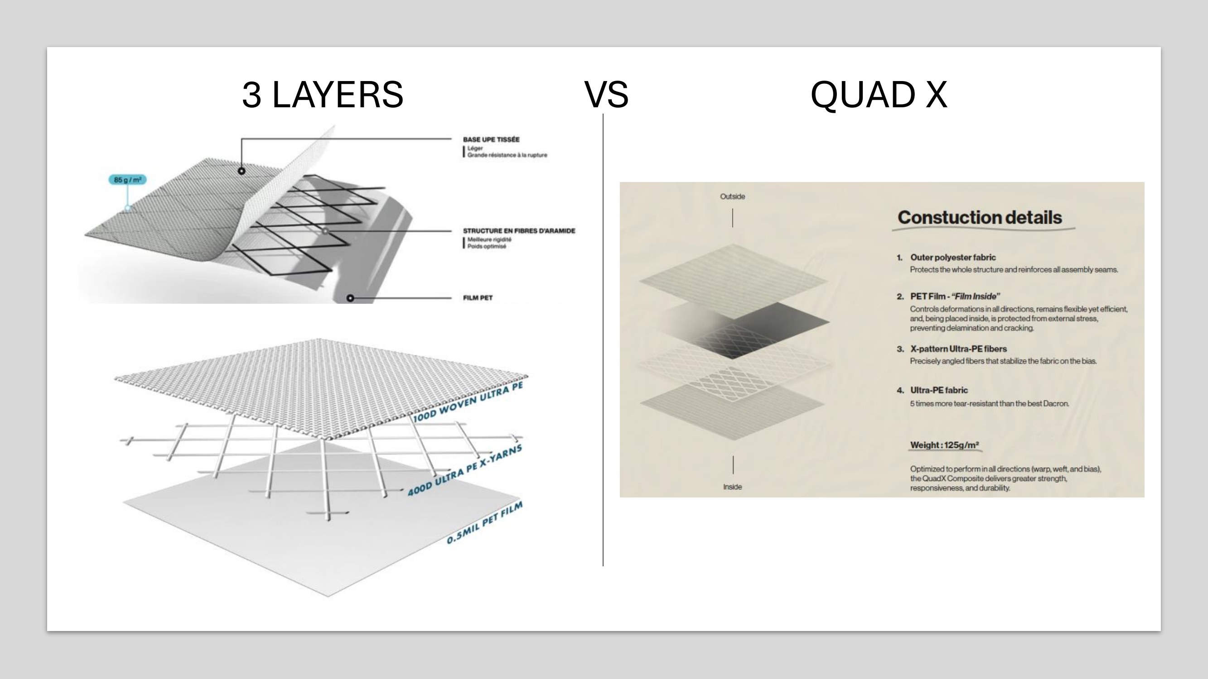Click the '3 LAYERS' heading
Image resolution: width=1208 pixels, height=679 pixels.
(x=322, y=95)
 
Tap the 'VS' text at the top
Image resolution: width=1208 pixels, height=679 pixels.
(x=606, y=95)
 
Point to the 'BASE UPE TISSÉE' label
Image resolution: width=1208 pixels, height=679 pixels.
(x=491, y=139)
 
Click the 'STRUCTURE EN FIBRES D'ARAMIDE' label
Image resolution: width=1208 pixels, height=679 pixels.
(x=519, y=231)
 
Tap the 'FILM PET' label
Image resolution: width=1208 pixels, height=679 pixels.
(x=478, y=298)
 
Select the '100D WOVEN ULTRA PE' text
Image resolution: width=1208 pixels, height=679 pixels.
(x=468, y=402)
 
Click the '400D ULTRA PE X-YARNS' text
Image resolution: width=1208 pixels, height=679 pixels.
(x=464, y=470)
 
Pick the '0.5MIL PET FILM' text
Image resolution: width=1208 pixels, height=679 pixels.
(x=484, y=523)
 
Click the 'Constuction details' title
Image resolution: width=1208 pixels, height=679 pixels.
(x=979, y=218)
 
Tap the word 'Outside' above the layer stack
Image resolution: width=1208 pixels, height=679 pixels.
(x=732, y=197)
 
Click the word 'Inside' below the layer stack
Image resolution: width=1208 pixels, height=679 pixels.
(x=732, y=488)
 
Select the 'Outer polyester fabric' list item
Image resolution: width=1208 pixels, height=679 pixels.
(x=952, y=258)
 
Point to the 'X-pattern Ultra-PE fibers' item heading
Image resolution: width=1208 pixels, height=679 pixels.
(x=958, y=349)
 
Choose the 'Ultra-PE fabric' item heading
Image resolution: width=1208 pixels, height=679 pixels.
(x=938, y=390)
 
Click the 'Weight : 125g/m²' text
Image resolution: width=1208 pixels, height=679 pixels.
(x=944, y=445)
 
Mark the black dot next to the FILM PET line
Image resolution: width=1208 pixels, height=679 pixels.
(x=350, y=298)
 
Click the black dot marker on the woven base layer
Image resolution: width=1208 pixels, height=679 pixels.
(x=242, y=171)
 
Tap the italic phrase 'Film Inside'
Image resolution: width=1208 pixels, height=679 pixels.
(x=976, y=296)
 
